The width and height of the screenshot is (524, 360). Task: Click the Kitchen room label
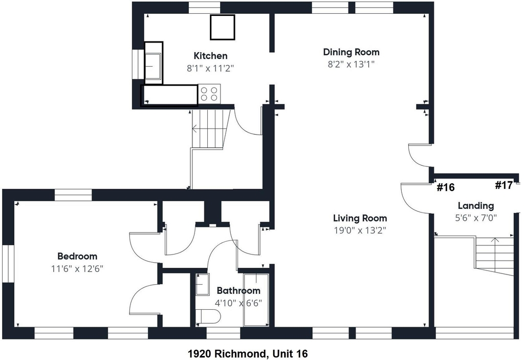pos(210,55)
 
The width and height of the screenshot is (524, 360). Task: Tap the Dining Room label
pos(351,52)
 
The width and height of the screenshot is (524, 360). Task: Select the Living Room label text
pos(360,218)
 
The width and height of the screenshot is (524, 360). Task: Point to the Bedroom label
pos(77,256)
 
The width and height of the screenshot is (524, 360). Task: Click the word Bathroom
pos(238,290)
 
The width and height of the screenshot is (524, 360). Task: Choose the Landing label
pos(475,206)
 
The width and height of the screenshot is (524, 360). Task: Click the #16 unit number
pos(446,187)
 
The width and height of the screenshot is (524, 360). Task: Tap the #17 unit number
pos(504,185)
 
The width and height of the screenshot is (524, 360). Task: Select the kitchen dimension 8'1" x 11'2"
pos(210,68)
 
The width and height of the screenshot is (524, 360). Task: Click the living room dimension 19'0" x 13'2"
pos(360,230)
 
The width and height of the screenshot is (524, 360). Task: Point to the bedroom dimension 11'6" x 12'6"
pos(77,269)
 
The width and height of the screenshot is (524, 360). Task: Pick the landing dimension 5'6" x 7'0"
pos(476,218)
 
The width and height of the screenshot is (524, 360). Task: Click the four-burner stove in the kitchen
pos(209,93)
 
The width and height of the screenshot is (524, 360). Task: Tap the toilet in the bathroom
pos(208,316)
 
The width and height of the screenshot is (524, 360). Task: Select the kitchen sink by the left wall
pos(153,63)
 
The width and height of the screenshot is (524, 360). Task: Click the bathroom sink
pos(202,284)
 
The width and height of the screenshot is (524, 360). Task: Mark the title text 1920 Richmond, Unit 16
pos(248,353)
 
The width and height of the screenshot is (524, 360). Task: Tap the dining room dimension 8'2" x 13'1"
pos(351,64)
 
